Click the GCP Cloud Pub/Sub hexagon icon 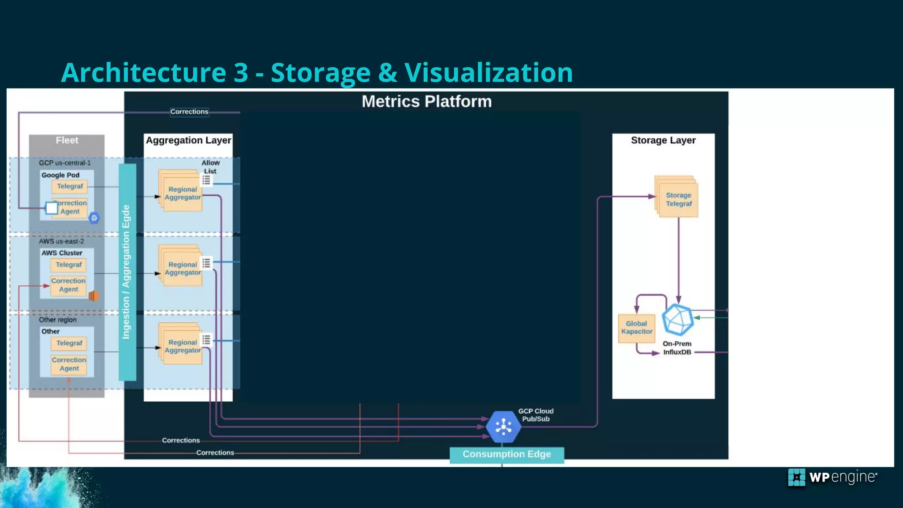click(x=503, y=426)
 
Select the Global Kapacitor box click(x=636, y=328)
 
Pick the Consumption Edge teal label click(x=507, y=454)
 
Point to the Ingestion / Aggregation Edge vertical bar click(x=127, y=272)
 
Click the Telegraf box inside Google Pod click(x=70, y=187)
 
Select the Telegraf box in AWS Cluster click(x=68, y=265)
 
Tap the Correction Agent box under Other click(x=69, y=364)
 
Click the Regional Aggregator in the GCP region click(x=182, y=192)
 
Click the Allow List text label click(x=210, y=167)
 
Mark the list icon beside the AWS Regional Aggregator click(x=206, y=263)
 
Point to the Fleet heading click(x=67, y=140)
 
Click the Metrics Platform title click(x=426, y=102)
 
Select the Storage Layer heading click(x=663, y=140)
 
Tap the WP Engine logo click(x=832, y=478)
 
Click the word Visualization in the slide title click(x=488, y=73)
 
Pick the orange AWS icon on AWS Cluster click(x=93, y=296)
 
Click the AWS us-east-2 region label click(x=61, y=241)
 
